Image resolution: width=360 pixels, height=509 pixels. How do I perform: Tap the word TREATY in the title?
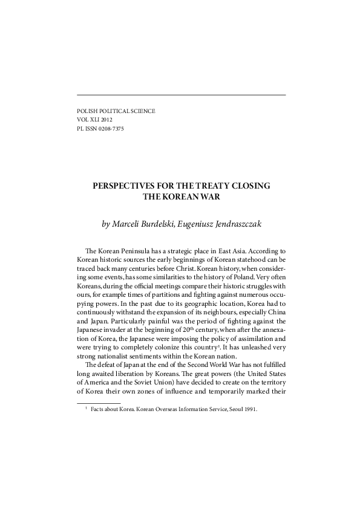point(208,186)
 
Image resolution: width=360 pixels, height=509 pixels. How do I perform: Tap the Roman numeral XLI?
point(88,120)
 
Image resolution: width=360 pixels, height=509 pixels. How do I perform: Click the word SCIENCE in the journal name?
point(140,111)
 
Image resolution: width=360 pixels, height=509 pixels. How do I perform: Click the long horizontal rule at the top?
point(180,94)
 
